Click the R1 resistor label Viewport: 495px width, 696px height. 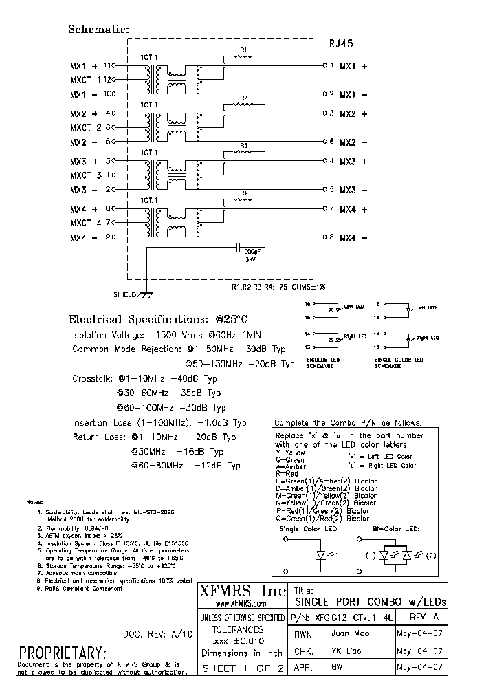point(243,50)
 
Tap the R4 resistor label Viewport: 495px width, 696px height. point(243,193)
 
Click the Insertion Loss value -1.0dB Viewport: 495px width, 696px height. point(221,423)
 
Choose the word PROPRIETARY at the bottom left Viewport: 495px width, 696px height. point(63,652)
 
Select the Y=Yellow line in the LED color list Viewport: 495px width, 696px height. point(290,453)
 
